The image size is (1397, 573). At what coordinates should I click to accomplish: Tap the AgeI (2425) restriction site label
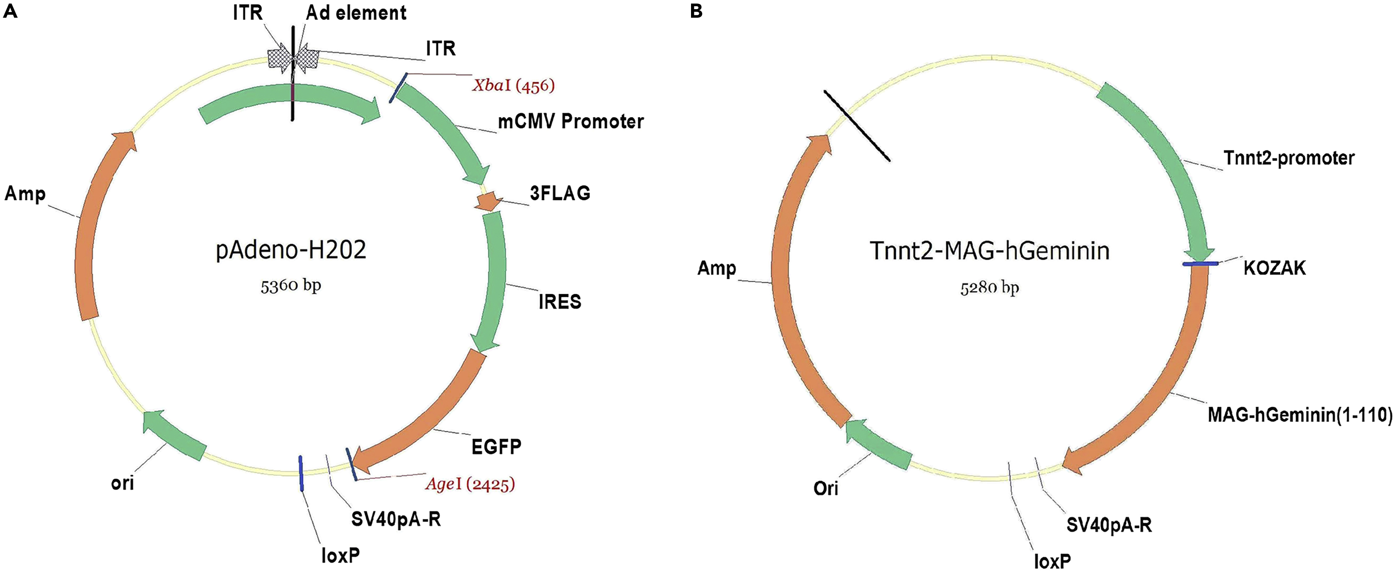[x=470, y=484]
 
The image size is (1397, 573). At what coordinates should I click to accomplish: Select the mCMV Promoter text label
[x=571, y=121]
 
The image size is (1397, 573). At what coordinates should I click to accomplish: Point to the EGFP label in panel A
[x=496, y=447]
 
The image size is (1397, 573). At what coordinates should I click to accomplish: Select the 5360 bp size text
[x=291, y=285]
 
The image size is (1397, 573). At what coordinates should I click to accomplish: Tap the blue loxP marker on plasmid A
[x=301, y=473]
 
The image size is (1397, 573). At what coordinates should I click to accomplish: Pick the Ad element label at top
[x=356, y=13]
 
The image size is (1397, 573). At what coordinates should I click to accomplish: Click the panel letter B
[x=696, y=11]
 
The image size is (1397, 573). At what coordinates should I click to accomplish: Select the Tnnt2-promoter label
[x=1289, y=158]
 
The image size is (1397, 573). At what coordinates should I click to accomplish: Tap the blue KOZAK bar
[x=1200, y=263]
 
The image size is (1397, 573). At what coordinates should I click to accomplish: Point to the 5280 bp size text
[x=989, y=287]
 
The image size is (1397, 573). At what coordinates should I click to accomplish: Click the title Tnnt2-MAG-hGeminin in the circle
[x=990, y=251]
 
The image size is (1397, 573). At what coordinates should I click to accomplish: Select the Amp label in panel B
[x=716, y=268]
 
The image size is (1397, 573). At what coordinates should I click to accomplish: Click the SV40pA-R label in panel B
[x=1109, y=525]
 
